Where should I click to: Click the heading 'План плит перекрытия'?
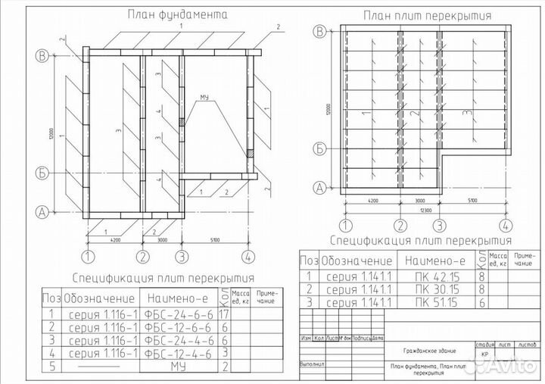coord(427,14)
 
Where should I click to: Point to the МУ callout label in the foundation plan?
coord(204,98)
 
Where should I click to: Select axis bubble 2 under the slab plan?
coord(400,225)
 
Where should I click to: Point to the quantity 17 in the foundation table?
coord(224,312)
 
